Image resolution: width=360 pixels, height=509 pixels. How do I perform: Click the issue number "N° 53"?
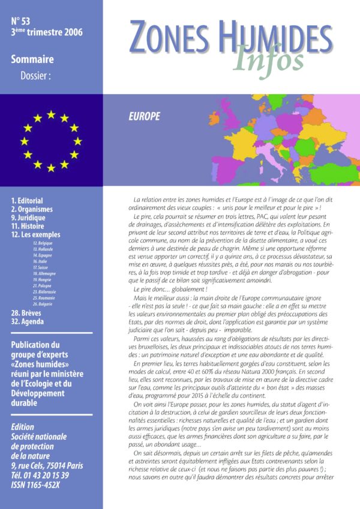(22, 22)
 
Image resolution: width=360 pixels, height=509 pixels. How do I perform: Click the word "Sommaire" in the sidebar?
(32, 59)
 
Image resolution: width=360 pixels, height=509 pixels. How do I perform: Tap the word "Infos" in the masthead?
(268, 58)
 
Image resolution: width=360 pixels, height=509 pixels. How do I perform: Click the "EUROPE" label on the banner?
(144, 116)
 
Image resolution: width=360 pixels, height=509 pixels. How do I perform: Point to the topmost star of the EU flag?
(51, 114)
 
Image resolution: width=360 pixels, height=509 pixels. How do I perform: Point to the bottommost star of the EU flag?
(51, 168)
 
